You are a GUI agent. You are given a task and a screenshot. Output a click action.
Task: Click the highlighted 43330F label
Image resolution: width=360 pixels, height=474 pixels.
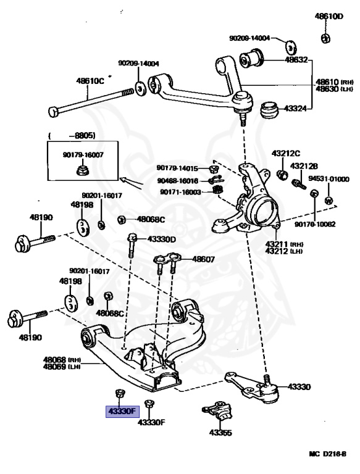click(x=122, y=412)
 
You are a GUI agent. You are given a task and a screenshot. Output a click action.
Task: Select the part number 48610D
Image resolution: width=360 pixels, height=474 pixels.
click(x=329, y=16)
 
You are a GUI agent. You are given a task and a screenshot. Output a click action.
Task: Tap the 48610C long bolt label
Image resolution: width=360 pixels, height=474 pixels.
click(x=90, y=81)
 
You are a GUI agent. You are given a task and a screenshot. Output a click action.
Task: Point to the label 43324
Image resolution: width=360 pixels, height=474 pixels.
click(x=295, y=108)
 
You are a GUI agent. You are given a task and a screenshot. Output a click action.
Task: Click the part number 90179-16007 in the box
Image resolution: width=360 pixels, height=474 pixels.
click(x=83, y=155)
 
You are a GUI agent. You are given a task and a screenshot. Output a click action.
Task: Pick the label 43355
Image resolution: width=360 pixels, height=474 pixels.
click(x=220, y=433)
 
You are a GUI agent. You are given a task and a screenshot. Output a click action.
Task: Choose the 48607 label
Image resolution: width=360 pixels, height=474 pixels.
click(x=204, y=259)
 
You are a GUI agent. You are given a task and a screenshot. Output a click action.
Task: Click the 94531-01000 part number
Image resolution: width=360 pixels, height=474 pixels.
click(x=329, y=179)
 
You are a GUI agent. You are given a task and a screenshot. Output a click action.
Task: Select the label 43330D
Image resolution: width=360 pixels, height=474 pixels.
click(x=162, y=239)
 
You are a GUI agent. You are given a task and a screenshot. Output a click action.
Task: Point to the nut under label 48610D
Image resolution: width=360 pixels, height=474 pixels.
click(x=325, y=38)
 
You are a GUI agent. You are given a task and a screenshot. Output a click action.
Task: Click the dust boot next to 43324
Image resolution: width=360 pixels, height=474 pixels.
click(x=269, y=110)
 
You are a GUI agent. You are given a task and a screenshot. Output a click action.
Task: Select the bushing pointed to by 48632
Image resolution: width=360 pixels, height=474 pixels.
click(x=252, y=58)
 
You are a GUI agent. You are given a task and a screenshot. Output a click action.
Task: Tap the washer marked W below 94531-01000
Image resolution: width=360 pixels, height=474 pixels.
click(x=329, y=201)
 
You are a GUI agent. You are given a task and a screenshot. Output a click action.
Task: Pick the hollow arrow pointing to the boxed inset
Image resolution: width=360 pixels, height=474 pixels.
click(x=131, y=183)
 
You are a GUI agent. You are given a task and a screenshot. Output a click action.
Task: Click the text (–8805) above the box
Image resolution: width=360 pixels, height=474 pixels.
click(x=72, y=136)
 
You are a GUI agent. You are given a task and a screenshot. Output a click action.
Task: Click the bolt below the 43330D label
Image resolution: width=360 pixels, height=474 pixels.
click(x=132, y=246)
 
